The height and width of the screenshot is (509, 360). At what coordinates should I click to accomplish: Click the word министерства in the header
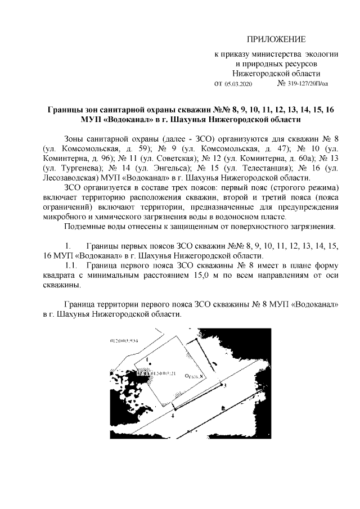coord(276,55)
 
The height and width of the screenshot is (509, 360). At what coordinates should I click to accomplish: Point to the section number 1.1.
coord(73,265)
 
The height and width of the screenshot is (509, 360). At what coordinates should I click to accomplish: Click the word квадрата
coord(61,275)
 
